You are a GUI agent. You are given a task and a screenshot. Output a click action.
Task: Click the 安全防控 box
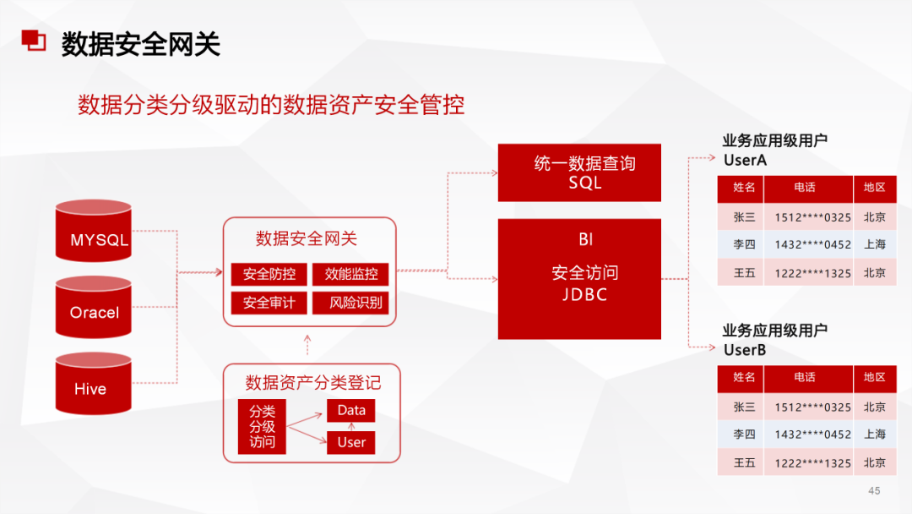coord(269,274)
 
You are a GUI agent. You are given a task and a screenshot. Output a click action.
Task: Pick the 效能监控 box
coord(350,274)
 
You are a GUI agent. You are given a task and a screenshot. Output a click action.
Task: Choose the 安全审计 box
coord(269,303)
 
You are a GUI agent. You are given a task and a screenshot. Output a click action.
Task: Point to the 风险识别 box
coord(350,303)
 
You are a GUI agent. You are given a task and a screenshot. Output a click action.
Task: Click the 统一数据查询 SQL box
coord(578,172)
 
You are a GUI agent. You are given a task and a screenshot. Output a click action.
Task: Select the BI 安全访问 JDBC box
coord(578,278)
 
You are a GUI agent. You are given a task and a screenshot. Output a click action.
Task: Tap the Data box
coord(350,411)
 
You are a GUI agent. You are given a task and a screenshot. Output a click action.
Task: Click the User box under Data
coord(350,442)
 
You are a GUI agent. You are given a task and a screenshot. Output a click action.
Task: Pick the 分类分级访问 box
coord(262,426)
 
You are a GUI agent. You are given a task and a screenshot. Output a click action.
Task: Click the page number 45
coord(874,491)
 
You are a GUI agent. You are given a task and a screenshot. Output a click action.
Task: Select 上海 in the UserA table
coord(875,244)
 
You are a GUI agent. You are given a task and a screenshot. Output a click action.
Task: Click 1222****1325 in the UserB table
coord(812,462)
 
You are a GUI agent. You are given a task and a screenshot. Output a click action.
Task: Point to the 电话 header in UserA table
coord(805,188)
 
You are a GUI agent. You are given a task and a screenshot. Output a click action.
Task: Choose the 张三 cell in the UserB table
coord(744,407)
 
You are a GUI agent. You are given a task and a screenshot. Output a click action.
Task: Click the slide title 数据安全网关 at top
coord(141,44)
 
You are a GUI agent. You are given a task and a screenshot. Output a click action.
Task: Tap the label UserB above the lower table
coord(745,349)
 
